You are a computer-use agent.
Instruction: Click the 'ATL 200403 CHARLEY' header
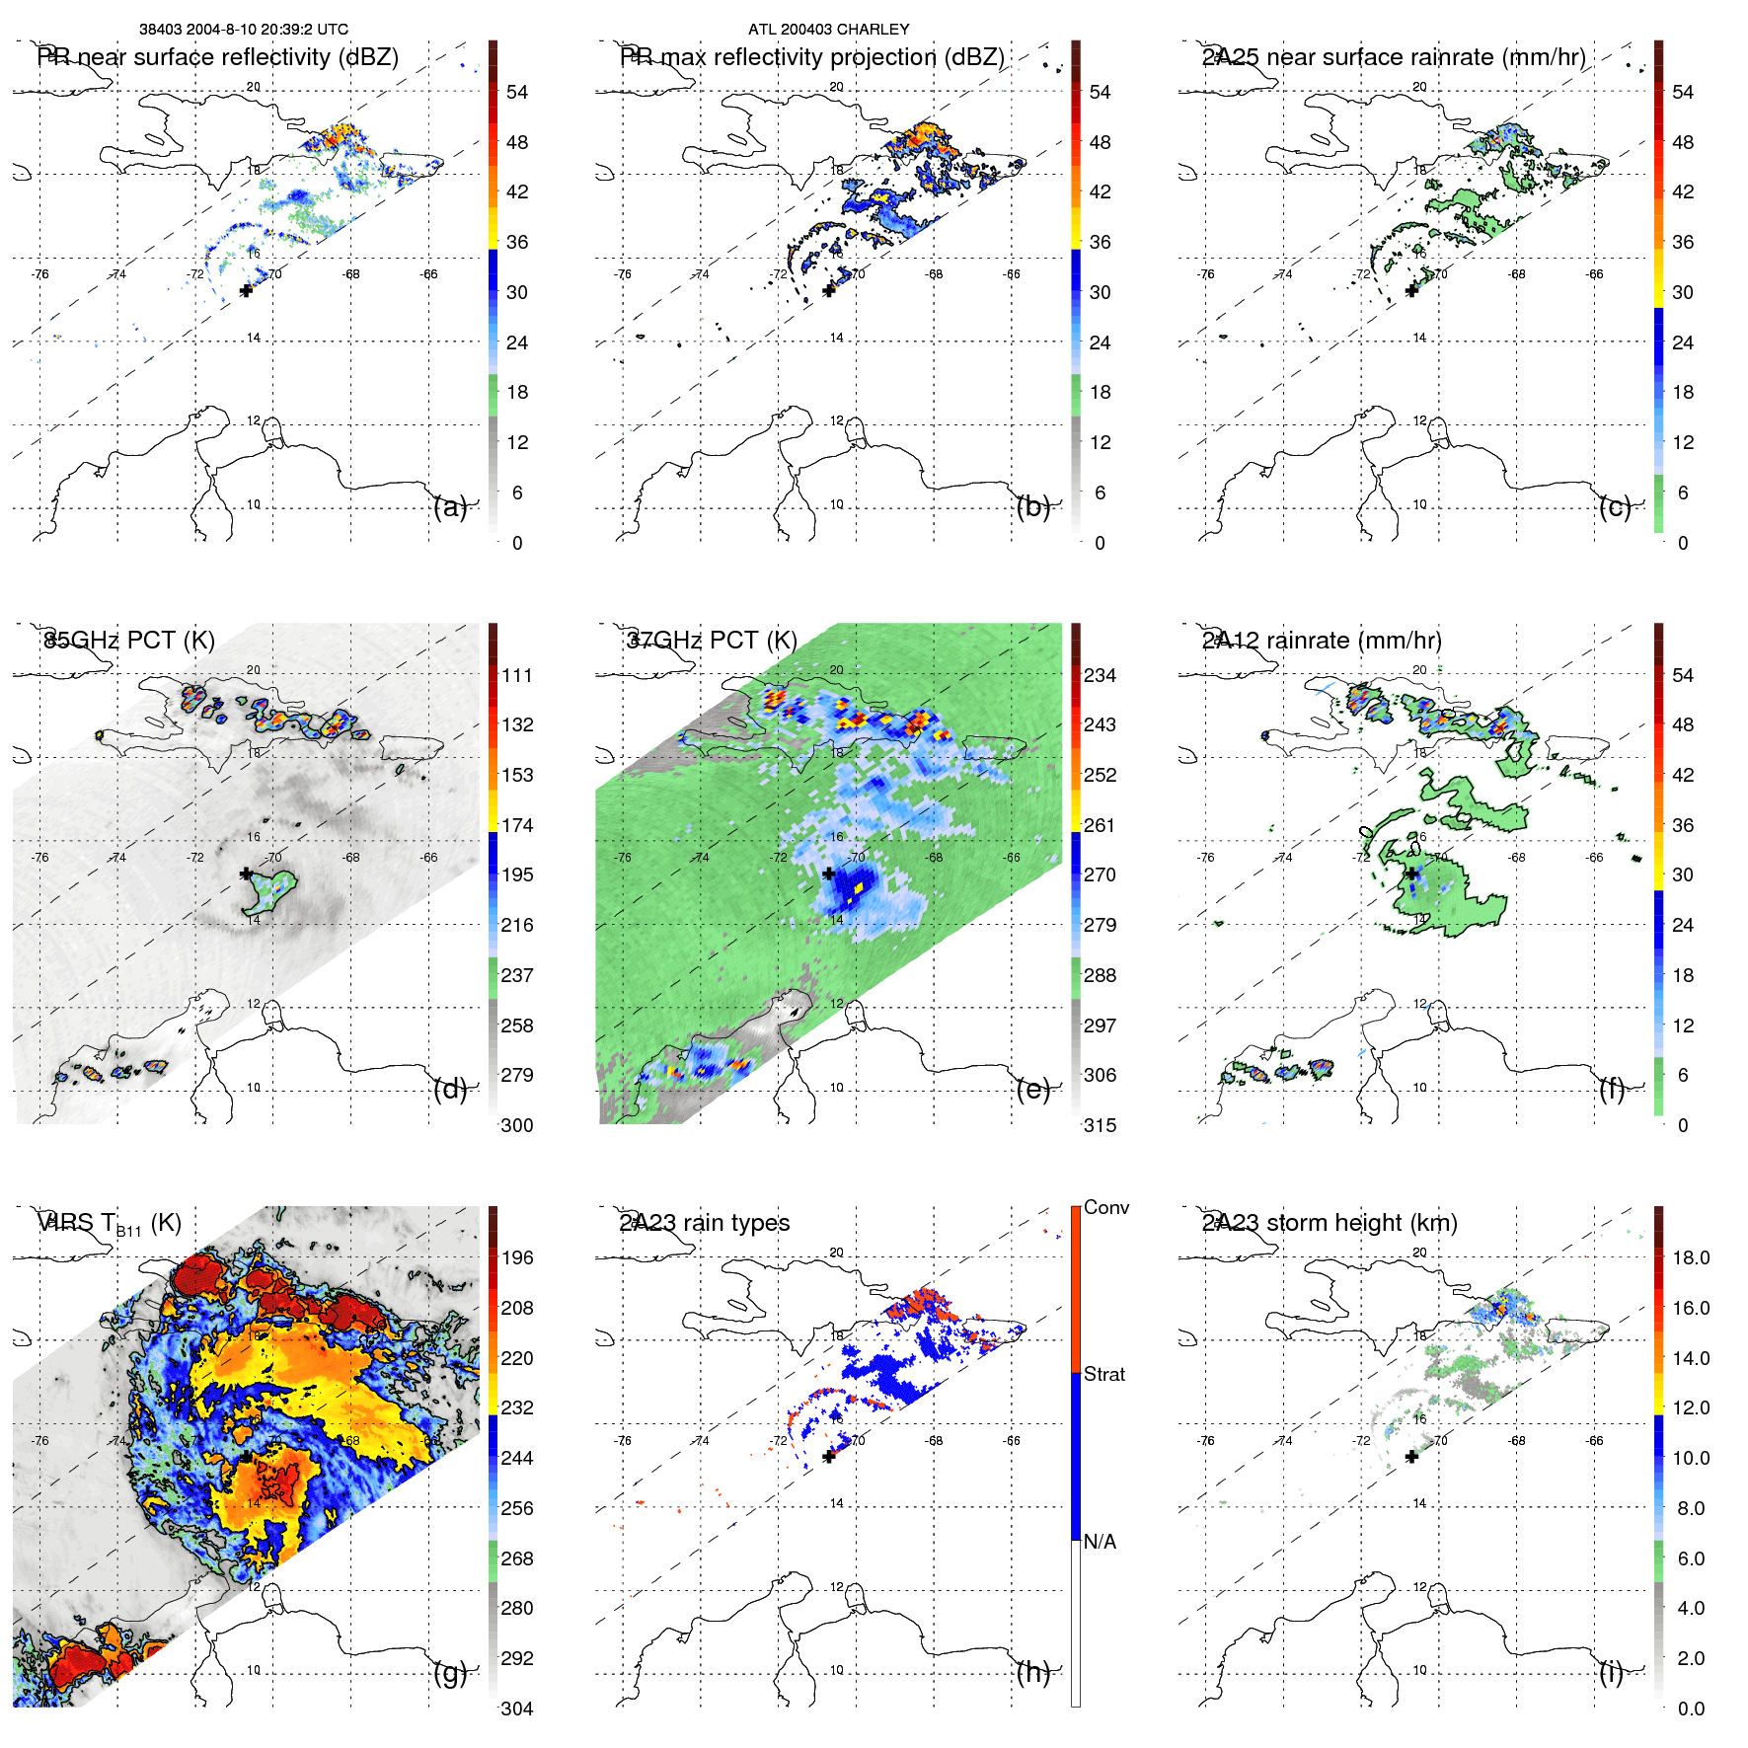(x=828, y=30)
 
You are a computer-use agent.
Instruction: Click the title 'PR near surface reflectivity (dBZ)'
(x=218, y=57)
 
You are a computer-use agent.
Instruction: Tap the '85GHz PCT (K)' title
(x=129, y=640)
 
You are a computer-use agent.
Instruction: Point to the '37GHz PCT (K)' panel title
(x=712, y=640)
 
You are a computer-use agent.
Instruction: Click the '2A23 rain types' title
(x=705, y=1223)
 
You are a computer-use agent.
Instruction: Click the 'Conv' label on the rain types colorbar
(x=1105, y=1207)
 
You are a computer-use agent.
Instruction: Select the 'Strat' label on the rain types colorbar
(x=1103, y=1374)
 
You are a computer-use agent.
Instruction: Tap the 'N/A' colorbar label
(x=1099, y=1542)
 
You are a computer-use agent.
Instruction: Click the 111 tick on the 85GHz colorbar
(x=517, y=675)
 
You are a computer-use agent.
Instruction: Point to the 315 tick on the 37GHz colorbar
(x=1100, y=1125)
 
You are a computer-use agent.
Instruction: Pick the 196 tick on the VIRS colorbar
(x=517, y=1257)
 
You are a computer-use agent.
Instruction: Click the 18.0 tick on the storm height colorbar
(x=1691, y=1257)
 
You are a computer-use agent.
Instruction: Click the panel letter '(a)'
(x=450, y=507)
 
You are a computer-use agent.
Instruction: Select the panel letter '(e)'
(x=1032, y=1090)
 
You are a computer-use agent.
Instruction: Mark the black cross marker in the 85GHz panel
(x=246, y=874)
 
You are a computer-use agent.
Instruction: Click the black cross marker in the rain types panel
(x=829, y=1457)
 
